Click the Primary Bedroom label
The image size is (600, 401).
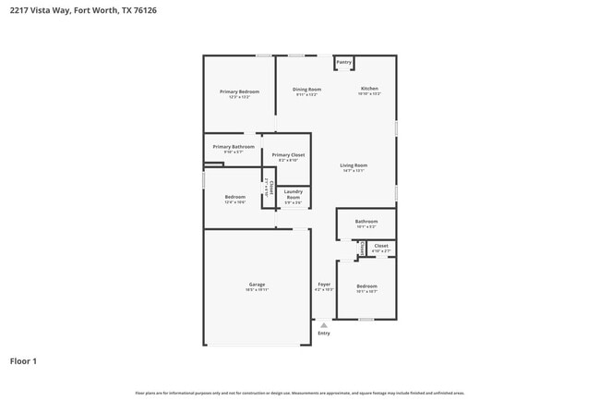(x=239, y=91)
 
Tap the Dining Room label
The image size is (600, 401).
(x=307, y=90)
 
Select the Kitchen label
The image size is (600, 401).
(x=369, y=89)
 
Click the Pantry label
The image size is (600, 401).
(x=343, y=63)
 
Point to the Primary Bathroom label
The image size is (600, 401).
(x=234, y=147)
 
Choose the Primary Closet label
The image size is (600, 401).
(x=288, y=154)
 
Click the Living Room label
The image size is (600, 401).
(x=354, y=165)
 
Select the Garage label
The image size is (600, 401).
(x=257, y=284)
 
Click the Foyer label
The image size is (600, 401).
(x=324, y=284)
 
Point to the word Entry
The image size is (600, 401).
(x=324, y=333)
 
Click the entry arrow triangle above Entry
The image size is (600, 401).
(x=324, y=324)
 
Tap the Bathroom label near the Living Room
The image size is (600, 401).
(x=366, y=221)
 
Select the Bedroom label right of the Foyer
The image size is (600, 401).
(x=366, y=286)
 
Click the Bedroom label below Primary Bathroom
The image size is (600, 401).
(x=235, y=196)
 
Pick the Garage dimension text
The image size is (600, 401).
(x=257, y=290)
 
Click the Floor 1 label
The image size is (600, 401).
(x=23, y=361)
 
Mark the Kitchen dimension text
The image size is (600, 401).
(x=369, y=94)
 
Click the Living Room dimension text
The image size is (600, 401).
(x=354, y=171)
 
